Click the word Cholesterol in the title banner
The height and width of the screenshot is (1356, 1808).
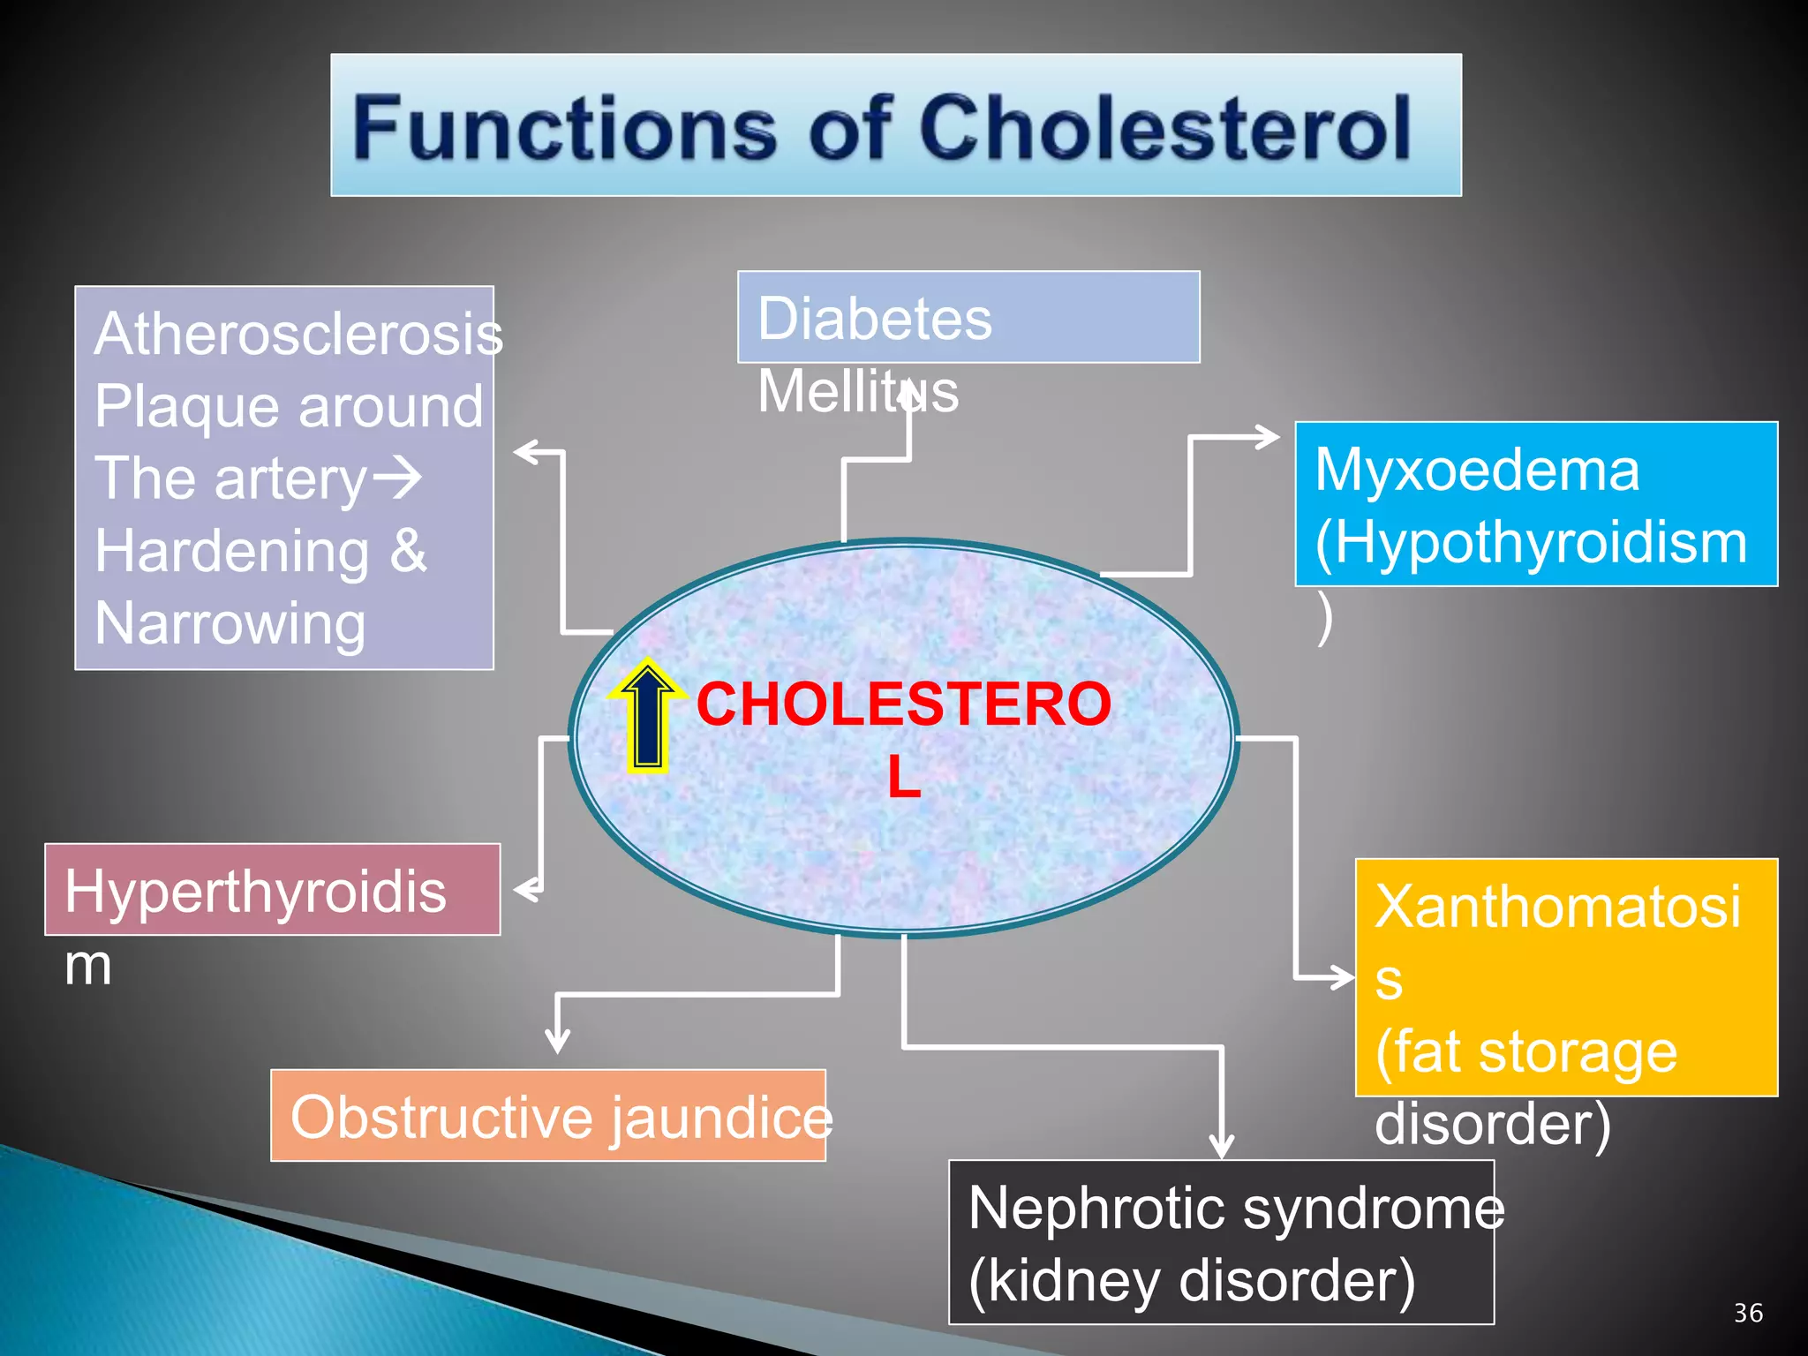(x=1165, y=129)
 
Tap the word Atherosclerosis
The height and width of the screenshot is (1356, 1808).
(x=298, y=334)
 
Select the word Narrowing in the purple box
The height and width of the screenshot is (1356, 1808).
(x=230, y=623)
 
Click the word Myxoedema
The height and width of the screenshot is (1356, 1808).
(x=1477, y=469)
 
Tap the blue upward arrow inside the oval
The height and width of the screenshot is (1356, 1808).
(x=648, y=715)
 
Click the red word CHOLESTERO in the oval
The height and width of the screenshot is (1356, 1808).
(x=903, y=704)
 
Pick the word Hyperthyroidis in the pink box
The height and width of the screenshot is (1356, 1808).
(x=255, y=891)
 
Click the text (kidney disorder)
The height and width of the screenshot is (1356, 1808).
(x=1192, y=1280)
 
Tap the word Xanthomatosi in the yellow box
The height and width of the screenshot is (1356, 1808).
(x=1557, y=906)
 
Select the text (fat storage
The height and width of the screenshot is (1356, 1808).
(x=1525, y=1051)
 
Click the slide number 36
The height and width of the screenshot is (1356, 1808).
(x=1748, y=1313)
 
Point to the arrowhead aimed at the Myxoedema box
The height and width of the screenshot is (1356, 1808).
(x=1269, y=436)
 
